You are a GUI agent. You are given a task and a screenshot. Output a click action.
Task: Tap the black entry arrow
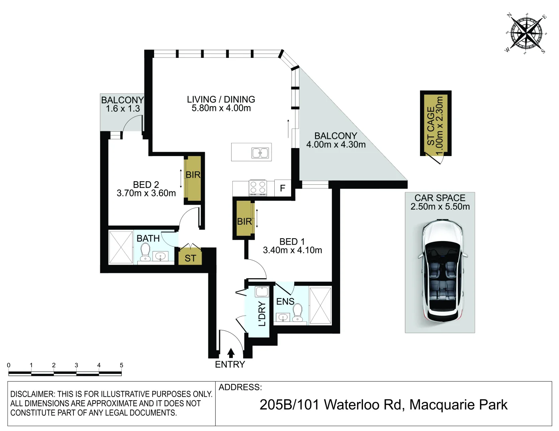(231, 353)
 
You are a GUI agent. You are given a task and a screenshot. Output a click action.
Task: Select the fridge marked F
(283, 188)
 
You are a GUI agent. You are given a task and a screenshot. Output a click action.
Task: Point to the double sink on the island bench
(260, 153)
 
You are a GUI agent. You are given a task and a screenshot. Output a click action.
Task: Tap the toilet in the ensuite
(297, 312)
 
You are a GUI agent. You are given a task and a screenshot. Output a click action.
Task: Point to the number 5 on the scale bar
(121, 365)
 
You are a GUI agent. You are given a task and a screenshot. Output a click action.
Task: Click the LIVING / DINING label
(221, 99)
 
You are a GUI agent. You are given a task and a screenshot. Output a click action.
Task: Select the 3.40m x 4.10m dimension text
(292, 250)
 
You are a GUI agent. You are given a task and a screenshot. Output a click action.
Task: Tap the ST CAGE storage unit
(436, 123)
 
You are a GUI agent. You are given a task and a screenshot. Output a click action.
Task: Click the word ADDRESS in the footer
(240, 387)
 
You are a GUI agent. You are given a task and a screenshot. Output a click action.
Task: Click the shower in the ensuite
(320, 306)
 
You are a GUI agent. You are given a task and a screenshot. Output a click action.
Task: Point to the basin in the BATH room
(161, 256)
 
